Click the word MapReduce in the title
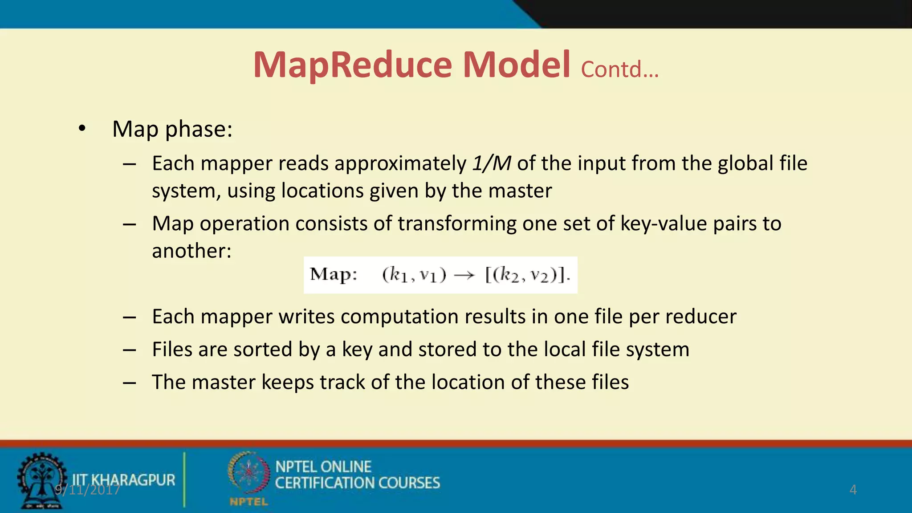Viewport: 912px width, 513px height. coord(353,65)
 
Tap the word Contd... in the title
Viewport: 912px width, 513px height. coord(619,69)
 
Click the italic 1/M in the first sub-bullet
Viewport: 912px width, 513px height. coord(492,163)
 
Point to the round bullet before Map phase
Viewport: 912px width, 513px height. coord(81,129)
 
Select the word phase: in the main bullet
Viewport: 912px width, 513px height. coord(199,130)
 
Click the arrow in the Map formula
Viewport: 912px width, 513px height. coord(464,276)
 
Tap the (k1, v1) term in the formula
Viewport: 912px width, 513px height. coord(414,275)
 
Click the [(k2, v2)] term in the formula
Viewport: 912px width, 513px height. coord(527,275)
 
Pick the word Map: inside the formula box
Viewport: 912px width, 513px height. coord(334,274)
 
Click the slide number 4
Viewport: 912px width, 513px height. coord(853,489)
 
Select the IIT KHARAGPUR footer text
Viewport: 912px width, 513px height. coord(123,480)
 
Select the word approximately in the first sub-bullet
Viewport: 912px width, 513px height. coord(400,164)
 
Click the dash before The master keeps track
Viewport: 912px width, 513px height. coord(130,383)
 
